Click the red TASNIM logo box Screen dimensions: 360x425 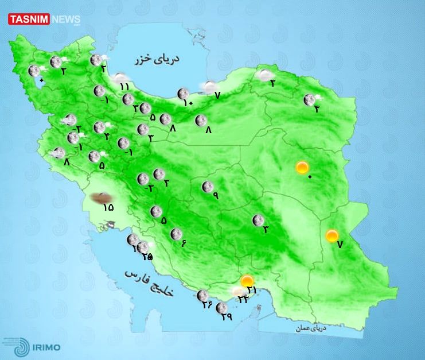29,18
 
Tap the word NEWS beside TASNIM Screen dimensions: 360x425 65,18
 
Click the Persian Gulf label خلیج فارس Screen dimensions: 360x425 149,280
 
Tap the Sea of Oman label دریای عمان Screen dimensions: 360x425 311,328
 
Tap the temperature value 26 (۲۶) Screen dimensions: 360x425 207,304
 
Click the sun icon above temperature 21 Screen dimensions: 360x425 247,281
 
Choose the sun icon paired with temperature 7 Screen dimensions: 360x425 332,235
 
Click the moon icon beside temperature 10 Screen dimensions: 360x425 183,94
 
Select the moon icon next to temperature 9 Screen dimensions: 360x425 207,187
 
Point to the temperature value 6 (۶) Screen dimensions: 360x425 184,243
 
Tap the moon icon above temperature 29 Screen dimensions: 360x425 221,308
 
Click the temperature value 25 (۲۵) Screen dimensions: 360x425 147,256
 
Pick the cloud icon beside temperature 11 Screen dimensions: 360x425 121,79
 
